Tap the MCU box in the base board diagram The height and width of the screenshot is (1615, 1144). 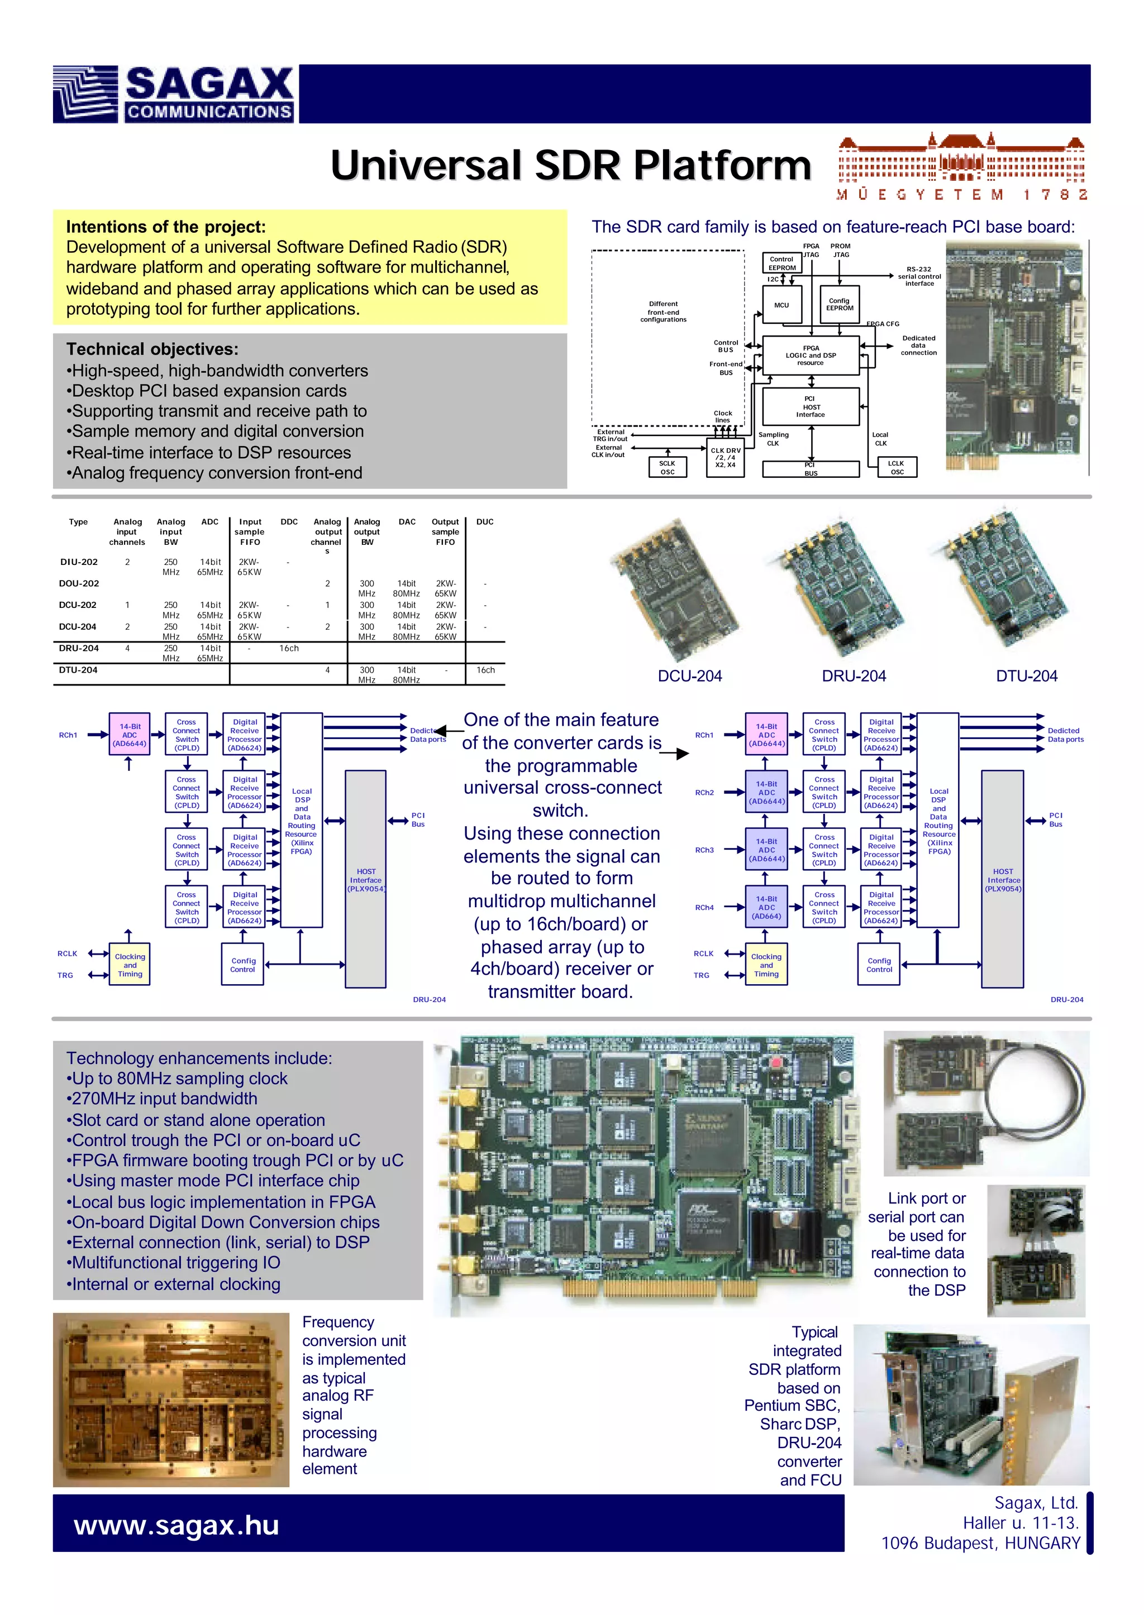(782, 305)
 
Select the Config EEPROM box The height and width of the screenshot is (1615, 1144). (839, 305)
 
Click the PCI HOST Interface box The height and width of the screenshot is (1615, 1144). (811, 407)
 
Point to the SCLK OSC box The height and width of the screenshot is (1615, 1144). (667, 467)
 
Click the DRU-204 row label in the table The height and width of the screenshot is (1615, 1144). (79, 648)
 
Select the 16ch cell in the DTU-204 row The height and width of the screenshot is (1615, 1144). (485, 670)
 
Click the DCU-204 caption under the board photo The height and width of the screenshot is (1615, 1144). (690, 677)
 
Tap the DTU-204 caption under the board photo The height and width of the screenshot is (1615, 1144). (1026, 677)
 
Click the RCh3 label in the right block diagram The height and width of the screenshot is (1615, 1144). (704, 850)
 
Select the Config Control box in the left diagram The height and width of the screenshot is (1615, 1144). (243, 965)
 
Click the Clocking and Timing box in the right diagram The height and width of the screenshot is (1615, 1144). (766, 965)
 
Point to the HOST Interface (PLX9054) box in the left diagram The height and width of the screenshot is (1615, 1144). (366, 880)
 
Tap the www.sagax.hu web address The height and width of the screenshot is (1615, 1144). (177, 1526)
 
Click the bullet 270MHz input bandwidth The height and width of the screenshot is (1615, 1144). (164, 1099)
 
